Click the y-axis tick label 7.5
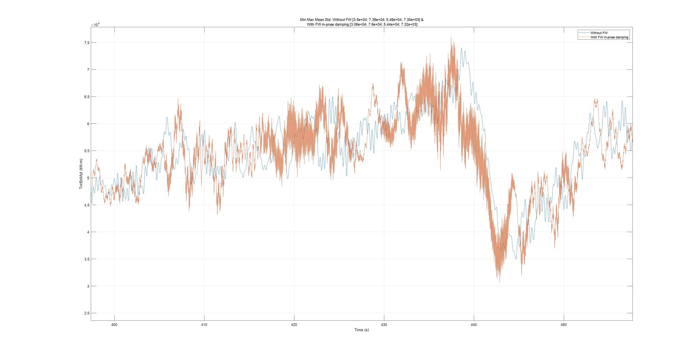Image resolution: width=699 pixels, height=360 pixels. coord(86,43)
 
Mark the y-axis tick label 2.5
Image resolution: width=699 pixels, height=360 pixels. coord(86,313)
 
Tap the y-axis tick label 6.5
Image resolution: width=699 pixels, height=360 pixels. coord(86,97)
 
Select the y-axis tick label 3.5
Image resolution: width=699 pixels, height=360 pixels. coord(86,259)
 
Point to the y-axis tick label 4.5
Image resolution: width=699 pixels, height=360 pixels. coord(86,205)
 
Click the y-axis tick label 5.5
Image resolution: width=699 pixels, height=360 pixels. coord(86,151)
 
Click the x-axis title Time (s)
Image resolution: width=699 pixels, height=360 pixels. coord(362,330)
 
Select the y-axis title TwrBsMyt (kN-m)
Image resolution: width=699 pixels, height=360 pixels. coord(81,174)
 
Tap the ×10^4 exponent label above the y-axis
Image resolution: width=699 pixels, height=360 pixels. coord(95,24)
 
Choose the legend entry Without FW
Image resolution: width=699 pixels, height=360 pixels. coord(599,33)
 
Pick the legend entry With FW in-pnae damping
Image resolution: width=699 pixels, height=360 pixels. coord(609,37)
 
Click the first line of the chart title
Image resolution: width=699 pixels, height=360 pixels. coord(362,20)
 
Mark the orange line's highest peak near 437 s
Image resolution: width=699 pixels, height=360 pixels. coord(451,37)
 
